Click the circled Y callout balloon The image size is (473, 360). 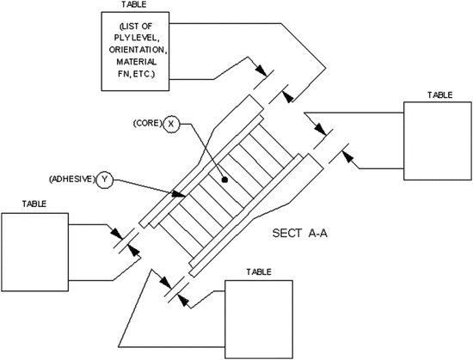click(106, 180)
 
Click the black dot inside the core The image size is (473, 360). click(224, 181)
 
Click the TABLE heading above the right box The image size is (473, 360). click(439, 95)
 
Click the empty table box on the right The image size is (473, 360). click(438, 142)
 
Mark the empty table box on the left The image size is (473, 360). click(34, 249)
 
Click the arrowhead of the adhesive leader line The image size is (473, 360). click(181, 197)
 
